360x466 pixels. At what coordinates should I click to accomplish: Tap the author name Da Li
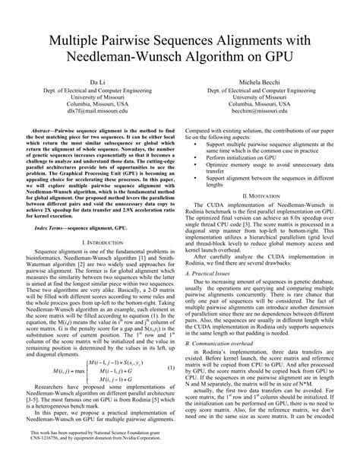tap(94, 82)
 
